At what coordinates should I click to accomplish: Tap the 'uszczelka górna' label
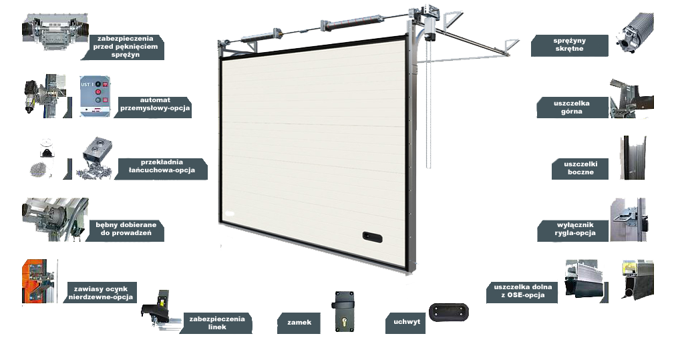click(572, 108)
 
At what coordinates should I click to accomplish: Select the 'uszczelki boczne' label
click(580, 169)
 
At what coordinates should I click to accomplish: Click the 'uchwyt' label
click(406, 322)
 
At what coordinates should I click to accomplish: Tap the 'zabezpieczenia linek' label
click(216, 322)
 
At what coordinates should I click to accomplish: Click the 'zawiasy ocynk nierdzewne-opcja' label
click(100, 293)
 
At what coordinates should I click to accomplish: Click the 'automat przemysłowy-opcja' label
click(155, 107)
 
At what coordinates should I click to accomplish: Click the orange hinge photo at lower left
click(38, 281)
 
